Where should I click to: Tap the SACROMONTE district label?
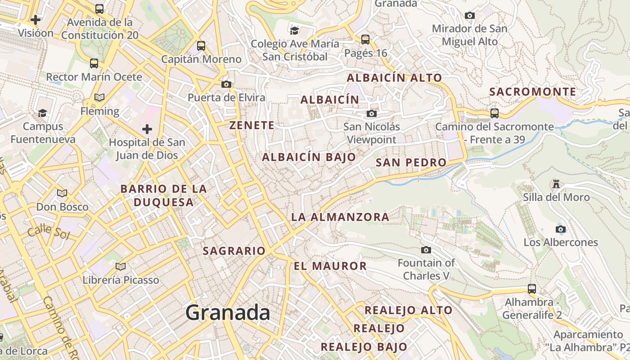(532, 92)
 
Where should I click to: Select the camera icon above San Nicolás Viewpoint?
(371, 113)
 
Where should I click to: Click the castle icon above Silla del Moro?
(556, 184)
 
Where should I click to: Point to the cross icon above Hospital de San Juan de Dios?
(147, 130)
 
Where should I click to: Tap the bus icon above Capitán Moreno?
(201, 45)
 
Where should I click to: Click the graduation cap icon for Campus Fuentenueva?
(43, 112)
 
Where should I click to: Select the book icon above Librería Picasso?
(121, 266)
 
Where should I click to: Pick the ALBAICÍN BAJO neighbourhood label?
(309, 157)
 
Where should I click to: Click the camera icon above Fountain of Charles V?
(426, 250)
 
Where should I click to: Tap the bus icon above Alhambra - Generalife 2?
(532, 288)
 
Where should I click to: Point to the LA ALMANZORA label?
(340, 217)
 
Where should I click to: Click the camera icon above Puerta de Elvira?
(226, 84)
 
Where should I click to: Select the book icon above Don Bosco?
(62, 193)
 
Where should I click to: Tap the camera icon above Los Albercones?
(560, 229)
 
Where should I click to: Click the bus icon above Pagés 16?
(365, 39)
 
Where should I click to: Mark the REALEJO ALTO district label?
(408, 310)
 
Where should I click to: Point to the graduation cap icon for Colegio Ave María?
(295, 30)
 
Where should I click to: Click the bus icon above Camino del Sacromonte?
(494, 113)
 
